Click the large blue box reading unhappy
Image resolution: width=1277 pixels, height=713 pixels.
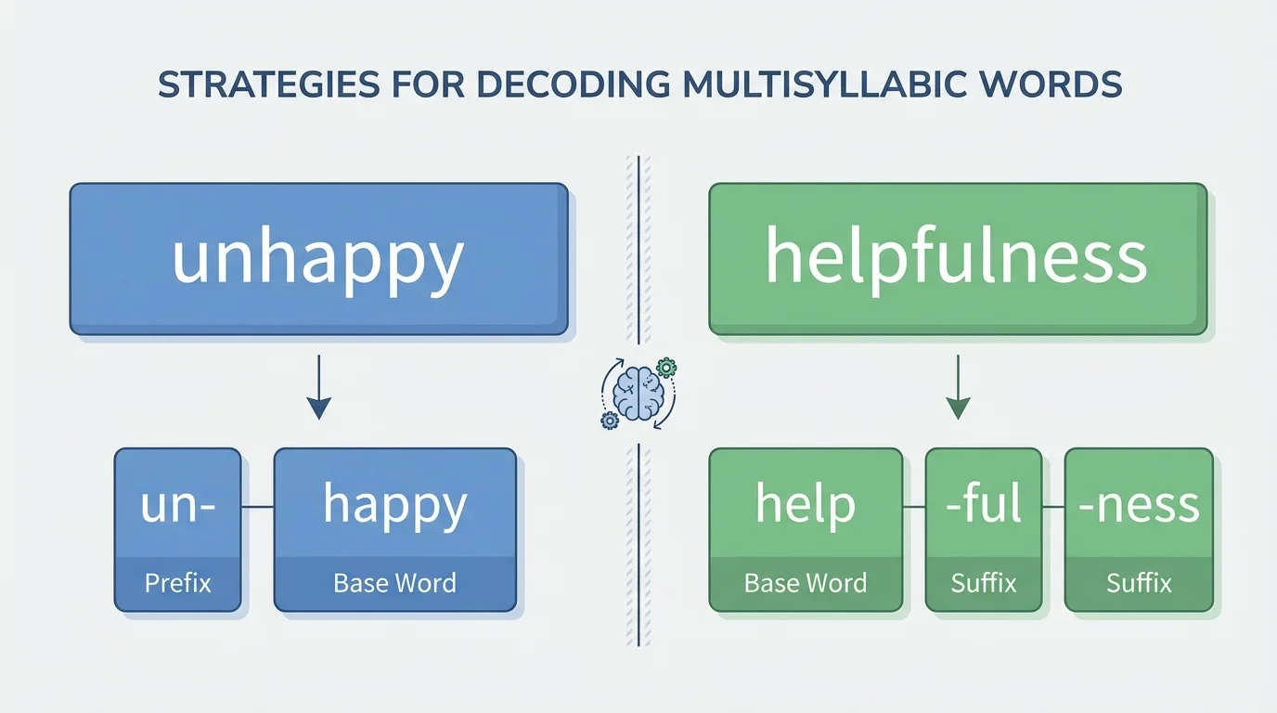tap(318, 258)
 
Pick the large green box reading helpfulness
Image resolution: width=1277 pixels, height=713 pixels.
tap(957, 258)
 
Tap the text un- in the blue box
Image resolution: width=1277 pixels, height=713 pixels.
tap(177, 505)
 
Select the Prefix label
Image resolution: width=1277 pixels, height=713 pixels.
tap(177, 583)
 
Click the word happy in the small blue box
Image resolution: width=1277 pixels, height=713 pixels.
tap(394, 505)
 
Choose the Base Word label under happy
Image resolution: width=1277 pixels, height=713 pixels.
tap(394, 583)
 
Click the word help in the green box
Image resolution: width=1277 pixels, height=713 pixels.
tap(805, 505)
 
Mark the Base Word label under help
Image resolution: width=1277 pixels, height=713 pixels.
tap(805, 583)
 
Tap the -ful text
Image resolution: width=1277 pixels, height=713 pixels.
tap(984, 505)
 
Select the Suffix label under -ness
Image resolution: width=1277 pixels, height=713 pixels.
tap(1139, 583)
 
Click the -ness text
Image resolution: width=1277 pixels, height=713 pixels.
tap(1139, 505)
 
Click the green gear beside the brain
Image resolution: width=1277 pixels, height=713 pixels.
tap(665, 368)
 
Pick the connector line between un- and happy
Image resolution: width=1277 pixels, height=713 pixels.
tap(257, 507)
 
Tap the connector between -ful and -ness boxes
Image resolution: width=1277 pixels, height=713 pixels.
tap(1053, 507)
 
